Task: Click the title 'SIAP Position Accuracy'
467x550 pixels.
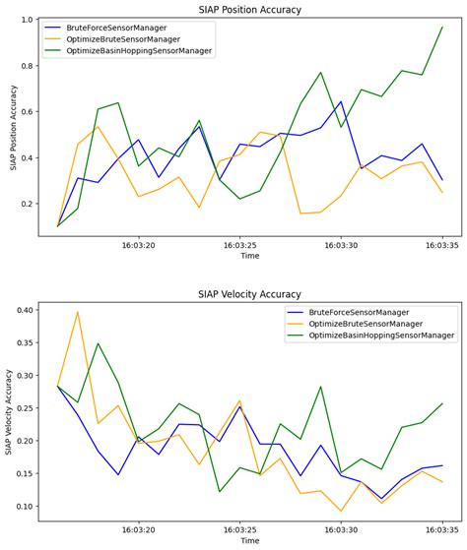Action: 250,10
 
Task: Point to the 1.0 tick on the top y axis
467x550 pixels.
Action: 33,20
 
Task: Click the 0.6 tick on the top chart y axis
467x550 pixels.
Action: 33,112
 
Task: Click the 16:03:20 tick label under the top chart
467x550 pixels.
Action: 138,248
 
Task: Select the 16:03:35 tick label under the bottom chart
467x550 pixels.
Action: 441,527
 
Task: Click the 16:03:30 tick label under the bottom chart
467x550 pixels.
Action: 340,527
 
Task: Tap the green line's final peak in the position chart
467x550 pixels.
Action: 441,28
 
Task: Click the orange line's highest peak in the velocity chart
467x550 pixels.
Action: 78,312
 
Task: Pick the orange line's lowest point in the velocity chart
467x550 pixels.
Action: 341,512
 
